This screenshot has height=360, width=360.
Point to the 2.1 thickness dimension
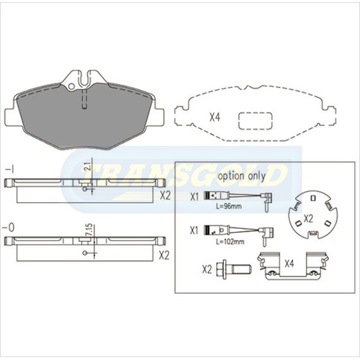(x=87, y=168)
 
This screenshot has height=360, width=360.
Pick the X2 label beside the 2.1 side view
(x=164, y=194)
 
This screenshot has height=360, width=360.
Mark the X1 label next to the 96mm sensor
(x=194, y=197)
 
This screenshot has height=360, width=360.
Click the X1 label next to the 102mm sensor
(x=194, y=231)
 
